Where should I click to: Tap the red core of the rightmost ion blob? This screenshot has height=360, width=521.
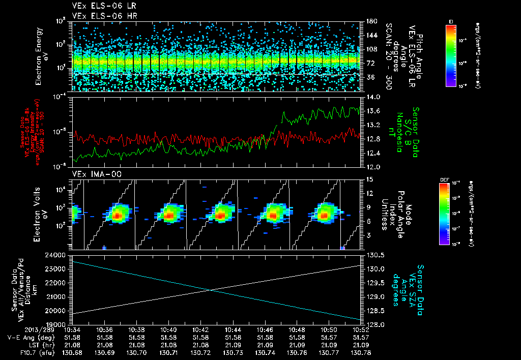click(x=324, y=216)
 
